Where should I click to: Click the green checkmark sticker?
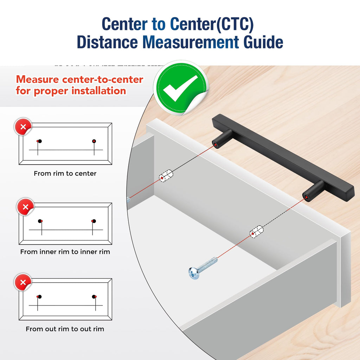181,88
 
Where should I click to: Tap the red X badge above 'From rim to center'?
23,127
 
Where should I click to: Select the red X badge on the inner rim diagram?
25,207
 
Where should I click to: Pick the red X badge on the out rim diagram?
23,282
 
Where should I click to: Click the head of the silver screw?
194,273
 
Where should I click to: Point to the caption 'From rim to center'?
65,173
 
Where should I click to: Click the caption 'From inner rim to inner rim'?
65,252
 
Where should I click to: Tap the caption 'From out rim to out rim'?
65,329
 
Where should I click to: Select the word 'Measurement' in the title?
191,42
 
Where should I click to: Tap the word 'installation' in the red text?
99,91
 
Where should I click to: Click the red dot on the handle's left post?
216,145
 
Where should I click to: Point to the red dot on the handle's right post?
307,197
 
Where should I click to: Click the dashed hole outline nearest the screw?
256,232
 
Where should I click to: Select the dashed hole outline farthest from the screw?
166,176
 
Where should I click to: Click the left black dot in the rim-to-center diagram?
40,141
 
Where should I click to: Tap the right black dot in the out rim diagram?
94,297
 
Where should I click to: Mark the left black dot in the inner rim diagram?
40,221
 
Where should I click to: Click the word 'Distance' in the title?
108,42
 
